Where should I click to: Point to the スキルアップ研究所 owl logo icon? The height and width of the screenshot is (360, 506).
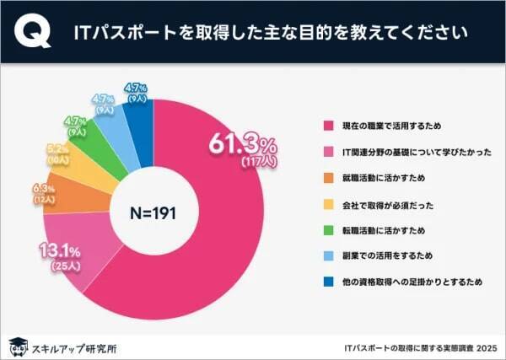16,345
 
